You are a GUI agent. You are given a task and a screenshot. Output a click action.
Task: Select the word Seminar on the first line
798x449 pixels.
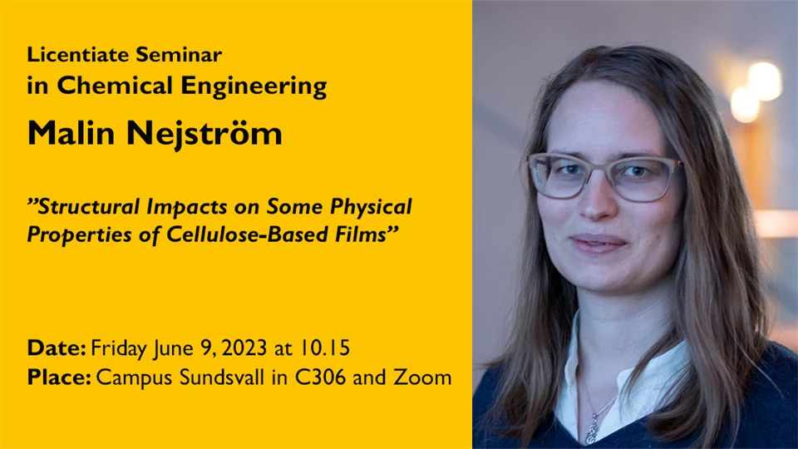[x=179, y=55]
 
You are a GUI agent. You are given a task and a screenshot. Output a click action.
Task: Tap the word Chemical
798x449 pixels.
[x=115, y=85]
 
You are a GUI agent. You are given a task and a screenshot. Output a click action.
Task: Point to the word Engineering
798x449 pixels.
[x=254, y=86]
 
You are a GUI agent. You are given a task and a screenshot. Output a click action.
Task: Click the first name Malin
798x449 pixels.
[x=71, y=133]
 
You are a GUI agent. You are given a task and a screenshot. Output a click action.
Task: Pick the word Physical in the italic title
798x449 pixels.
[x=371, y=207]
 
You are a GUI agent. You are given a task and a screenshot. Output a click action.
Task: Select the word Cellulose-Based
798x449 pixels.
[x=248, y=234]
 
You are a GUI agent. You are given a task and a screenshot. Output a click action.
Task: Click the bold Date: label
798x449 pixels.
[x=57, y=348]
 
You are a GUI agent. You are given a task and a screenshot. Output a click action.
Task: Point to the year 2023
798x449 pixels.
[x=244, y=348]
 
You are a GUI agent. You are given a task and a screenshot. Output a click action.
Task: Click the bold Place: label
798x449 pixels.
[x=59, y=377]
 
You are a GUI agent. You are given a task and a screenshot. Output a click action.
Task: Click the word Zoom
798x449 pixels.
[x=422, y=377]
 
